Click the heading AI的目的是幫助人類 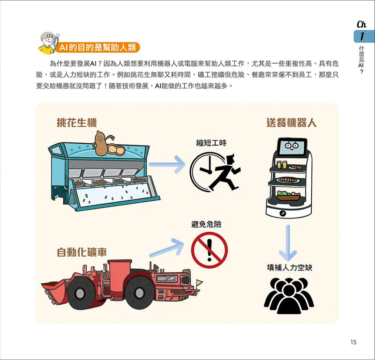pyautogui.click(x=97, y=47)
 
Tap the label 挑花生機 pyautogui.click(x=77, y=123)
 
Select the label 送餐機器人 pyautogui.click(x=291, y=123)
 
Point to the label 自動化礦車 pyautogui.click(x=82, y=252)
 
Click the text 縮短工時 pyautogui.click(x=211, y=143)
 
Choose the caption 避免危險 pyautogui.click(x=206, y=224)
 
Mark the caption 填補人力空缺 pyautogui.click(x=289, y=267)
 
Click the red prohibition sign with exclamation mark pyautogui.click(x=210, y=250)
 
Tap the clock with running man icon pyautogui.click(x=215, y=172)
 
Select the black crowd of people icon pyautogui.click(x=289, y=296)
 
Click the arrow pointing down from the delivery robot pyautogui.click(x=288, y=242)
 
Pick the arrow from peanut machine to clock pyautogui.click(x=167, y=164)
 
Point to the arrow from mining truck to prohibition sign pyautogui.click(x=167, y=248)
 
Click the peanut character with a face pyautogui.click(x=102, y=143)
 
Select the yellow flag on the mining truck pyautogui.click(x=199, y=282)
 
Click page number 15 pyautogui.click(x=353, y=342)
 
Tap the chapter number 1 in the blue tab pyautogui.click(x=361, y=37)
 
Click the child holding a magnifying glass pyautogui.click(x=49, y=43)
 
